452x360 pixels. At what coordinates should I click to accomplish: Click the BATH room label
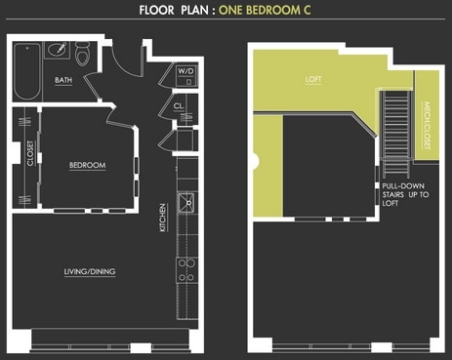point(63,81)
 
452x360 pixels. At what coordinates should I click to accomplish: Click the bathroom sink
point(56,49)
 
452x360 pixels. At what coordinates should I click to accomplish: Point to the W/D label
point(185,72)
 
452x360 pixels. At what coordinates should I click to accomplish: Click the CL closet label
point(180,106)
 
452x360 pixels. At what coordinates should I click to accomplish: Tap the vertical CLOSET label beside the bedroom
point(30,155)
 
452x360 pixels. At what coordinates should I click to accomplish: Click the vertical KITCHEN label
point(163,217)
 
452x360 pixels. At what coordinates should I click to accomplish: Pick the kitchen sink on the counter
point(185,205)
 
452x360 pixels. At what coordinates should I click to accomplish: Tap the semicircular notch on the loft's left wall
point(256,156)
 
